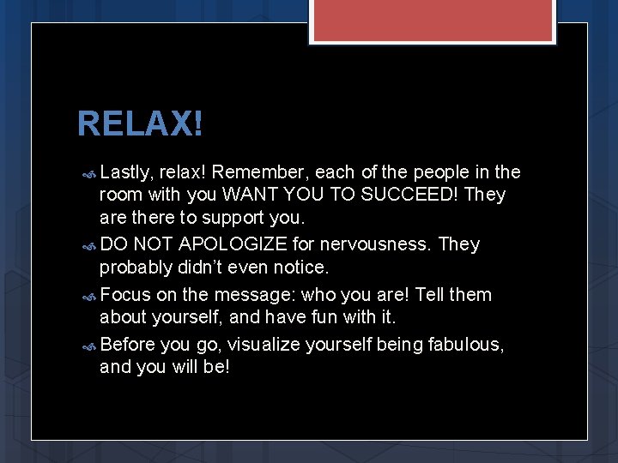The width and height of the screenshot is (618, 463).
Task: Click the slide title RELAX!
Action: click(x=141, y=124)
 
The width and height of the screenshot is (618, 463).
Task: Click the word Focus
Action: click(x=125, y=295)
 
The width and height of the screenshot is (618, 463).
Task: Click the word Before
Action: click(x=128, y=344)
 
